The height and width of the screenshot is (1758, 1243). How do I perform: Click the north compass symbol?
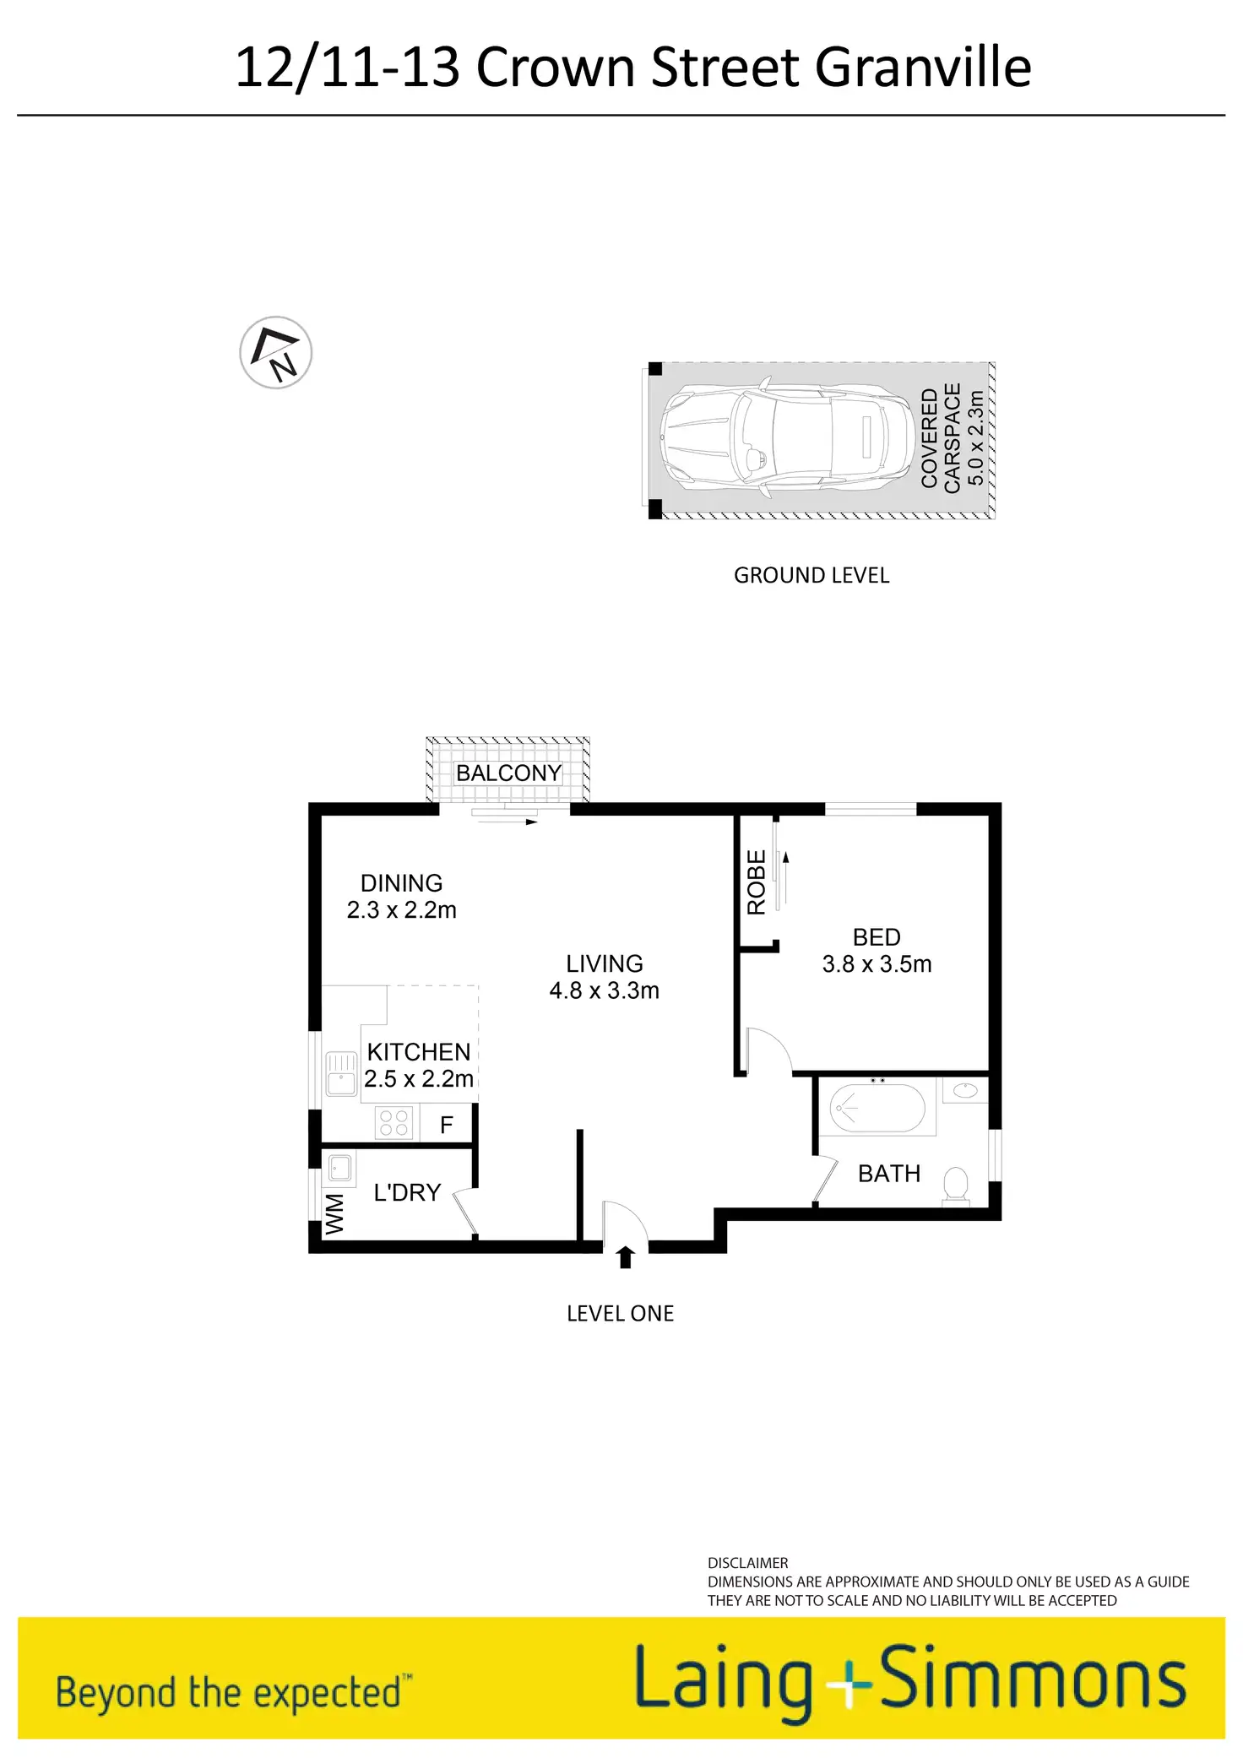point(276,353)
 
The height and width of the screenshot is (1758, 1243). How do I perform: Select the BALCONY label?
point(508,773)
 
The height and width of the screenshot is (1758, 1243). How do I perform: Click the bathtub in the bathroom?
point(877,1107)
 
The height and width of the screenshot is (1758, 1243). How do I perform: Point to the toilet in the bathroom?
point(956,1183)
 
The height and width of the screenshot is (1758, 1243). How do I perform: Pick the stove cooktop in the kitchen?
point(394,1124)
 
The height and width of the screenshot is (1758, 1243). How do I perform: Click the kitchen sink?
point(341,1074)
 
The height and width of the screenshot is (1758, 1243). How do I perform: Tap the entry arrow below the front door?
point(625,1257)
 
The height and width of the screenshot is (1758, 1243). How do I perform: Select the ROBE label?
point(757,882)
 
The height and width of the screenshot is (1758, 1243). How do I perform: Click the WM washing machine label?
point(335,1214)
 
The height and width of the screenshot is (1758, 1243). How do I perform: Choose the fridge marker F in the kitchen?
point(447,1125)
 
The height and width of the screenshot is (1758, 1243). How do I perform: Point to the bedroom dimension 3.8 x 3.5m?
point(877,964)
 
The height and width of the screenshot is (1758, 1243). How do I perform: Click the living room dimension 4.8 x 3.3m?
point(604,990)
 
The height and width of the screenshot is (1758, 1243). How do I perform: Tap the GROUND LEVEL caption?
point(811,576)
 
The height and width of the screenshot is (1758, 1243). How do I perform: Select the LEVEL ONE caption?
point(620,1314)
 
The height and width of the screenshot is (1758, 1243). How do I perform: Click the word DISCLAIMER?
point(747,1563)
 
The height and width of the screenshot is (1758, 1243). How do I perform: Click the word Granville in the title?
point(923,68)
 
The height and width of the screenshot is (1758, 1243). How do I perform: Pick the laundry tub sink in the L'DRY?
point(339,1169)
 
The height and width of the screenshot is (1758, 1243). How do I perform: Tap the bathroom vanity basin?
point(965,1090)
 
